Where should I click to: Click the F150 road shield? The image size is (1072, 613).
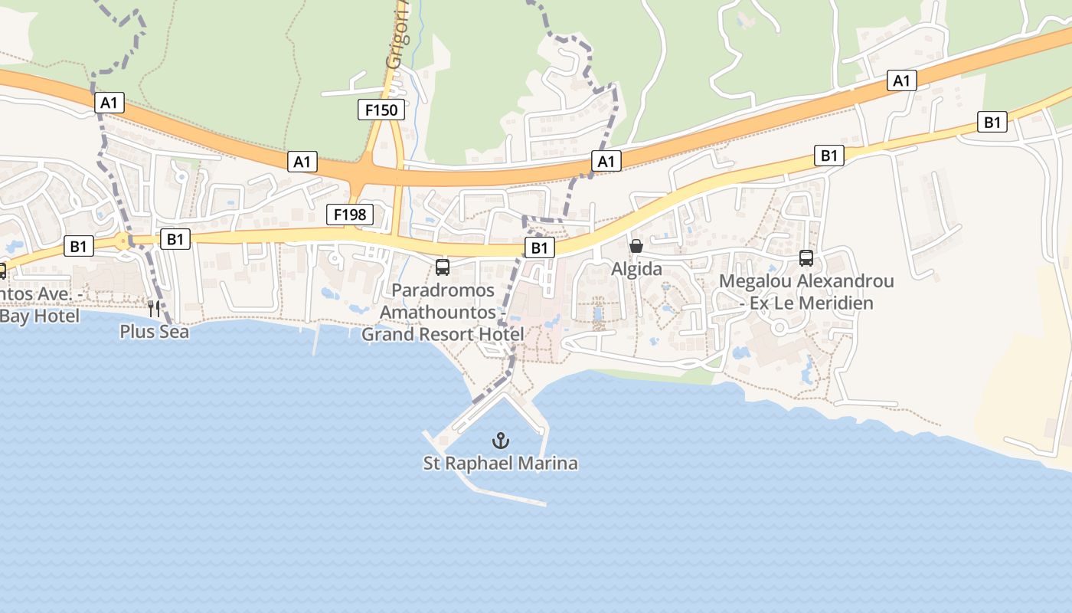[x=381, y=110]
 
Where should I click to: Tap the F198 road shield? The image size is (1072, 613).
[x=350, y=215]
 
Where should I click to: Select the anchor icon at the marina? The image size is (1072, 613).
[x=500, y=441]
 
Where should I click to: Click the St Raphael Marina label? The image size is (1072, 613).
[x=500, y=464]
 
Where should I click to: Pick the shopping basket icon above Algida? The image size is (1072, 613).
[x=636, y=246]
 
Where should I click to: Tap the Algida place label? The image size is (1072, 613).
[x=636, y=269]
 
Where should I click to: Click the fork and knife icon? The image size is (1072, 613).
[x=154, y=309]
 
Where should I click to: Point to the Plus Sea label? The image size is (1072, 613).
[x=154, y=332]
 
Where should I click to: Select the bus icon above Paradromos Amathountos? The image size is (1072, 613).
[x=442, y=267]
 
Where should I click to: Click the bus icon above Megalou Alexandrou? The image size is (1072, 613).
[x=806, y=258]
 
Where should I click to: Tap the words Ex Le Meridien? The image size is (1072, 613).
[x=813, y=303]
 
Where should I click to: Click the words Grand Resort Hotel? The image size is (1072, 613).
[x=443, y=335]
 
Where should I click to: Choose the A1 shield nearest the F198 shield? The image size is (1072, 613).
[x=302, y=162]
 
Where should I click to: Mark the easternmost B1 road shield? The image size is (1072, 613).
[x=992, y=122]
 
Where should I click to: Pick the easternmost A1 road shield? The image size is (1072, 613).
[x=902, y=80]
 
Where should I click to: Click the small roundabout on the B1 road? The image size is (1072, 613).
[x=123, y=242]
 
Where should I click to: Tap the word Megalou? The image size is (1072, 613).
[x=755, y=281]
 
